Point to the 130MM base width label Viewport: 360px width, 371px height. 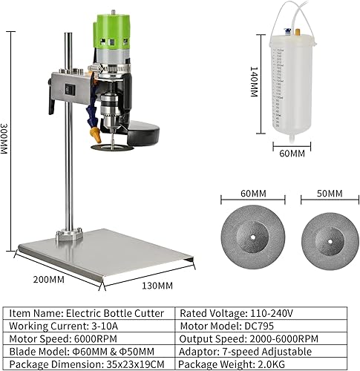click(157, 285)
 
